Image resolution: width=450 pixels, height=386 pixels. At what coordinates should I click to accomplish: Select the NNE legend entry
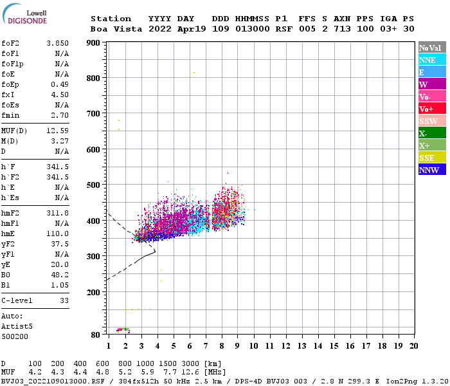[x=432, y=60]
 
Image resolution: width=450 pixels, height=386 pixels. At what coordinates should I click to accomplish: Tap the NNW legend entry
[x=432, y=170]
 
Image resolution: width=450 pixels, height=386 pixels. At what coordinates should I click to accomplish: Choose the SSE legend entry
[x=432, y=158]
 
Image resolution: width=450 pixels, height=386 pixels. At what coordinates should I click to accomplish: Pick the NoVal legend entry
[x=432, y=48]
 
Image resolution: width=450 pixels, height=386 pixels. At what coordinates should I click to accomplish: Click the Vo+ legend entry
[x=432, y=109]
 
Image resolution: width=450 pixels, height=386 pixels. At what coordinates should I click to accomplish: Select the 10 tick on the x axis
[x=254, y=346]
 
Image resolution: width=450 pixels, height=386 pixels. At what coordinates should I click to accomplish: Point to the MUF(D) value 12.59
[x=58, y=131]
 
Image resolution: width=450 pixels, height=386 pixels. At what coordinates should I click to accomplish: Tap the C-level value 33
[x=64, y=300]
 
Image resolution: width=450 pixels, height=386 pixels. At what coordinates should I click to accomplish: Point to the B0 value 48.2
[x=60, y=274]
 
